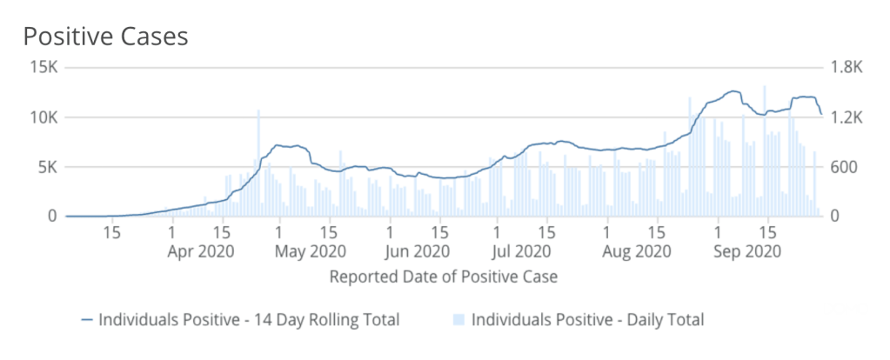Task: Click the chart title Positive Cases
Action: (105, 37)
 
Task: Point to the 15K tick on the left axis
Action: (43, 68)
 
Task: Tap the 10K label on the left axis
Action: (43, 117)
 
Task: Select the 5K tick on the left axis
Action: (47, 167)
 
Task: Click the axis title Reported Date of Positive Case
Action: (443, 277)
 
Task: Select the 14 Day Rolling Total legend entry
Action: (249, 320)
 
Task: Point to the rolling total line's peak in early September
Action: (733, 91)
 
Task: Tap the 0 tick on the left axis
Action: (52, 216)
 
